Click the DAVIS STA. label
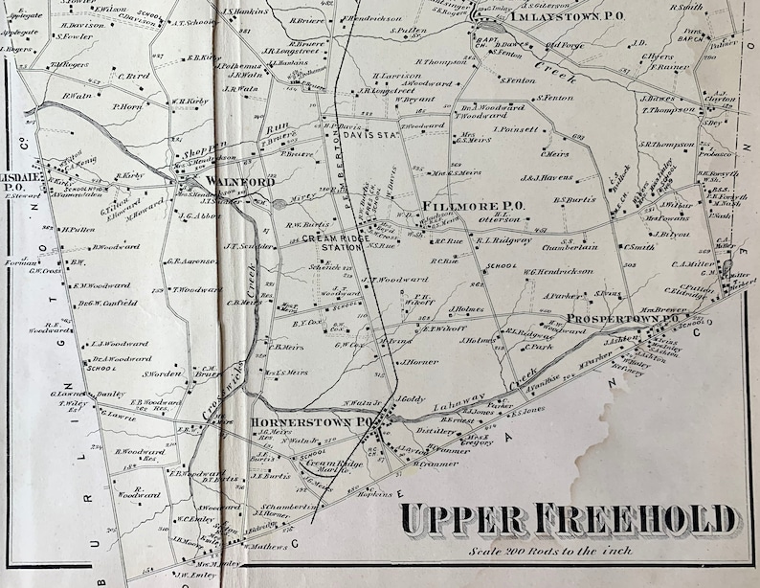pos(369,135)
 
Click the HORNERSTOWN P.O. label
pos(310,420)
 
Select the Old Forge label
pos(564,44)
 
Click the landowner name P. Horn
pos(126,107)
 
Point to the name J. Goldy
pos(409,397)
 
